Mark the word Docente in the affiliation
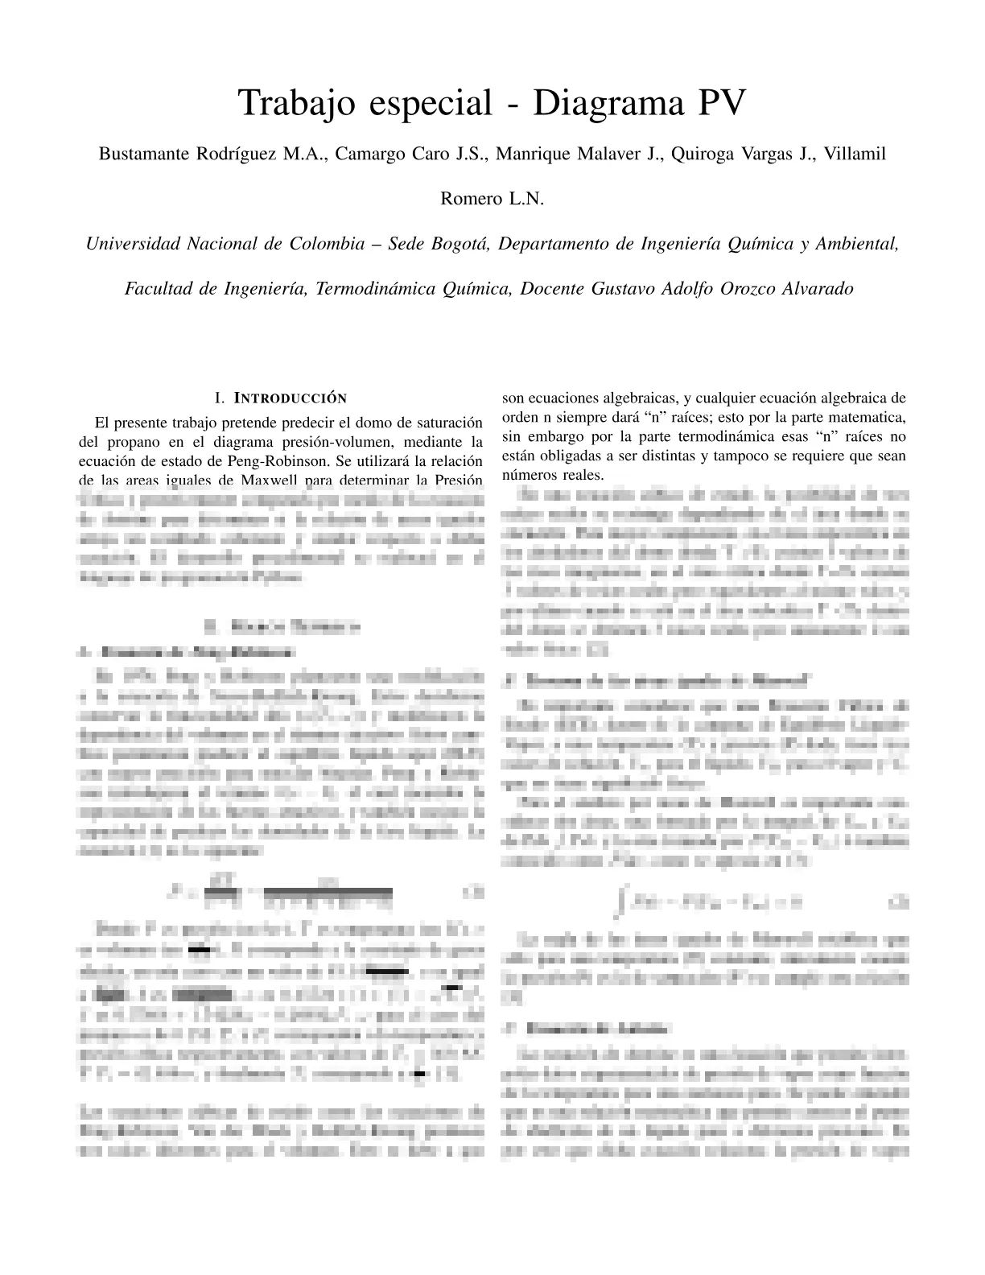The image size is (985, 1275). click(552, 289)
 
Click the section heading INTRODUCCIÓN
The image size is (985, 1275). click(290, 398)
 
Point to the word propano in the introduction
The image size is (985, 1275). click(126, 442)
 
